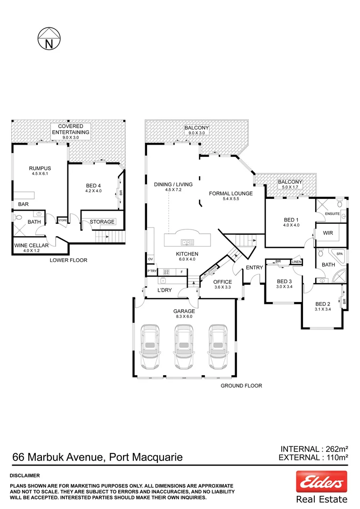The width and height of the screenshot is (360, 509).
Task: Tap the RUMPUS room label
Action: click(40, 168)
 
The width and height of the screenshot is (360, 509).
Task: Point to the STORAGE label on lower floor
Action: click(102, 222)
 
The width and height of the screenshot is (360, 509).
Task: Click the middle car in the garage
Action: click(184, 348)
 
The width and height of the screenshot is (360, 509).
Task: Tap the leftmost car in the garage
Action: click(150, 348)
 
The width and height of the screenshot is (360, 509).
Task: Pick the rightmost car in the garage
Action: click(218, 348)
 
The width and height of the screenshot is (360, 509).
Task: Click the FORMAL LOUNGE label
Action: click(231, 193)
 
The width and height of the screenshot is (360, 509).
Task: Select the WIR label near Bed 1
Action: click(328, 233)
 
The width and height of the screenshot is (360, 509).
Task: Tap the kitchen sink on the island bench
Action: click(187, 242)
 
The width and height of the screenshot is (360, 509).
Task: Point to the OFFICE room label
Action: click(223, 282)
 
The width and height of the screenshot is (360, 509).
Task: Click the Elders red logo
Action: click(321, 481)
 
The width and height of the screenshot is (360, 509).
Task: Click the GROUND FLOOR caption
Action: click(241, 386)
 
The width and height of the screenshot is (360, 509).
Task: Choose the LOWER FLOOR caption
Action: click(68, 260)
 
